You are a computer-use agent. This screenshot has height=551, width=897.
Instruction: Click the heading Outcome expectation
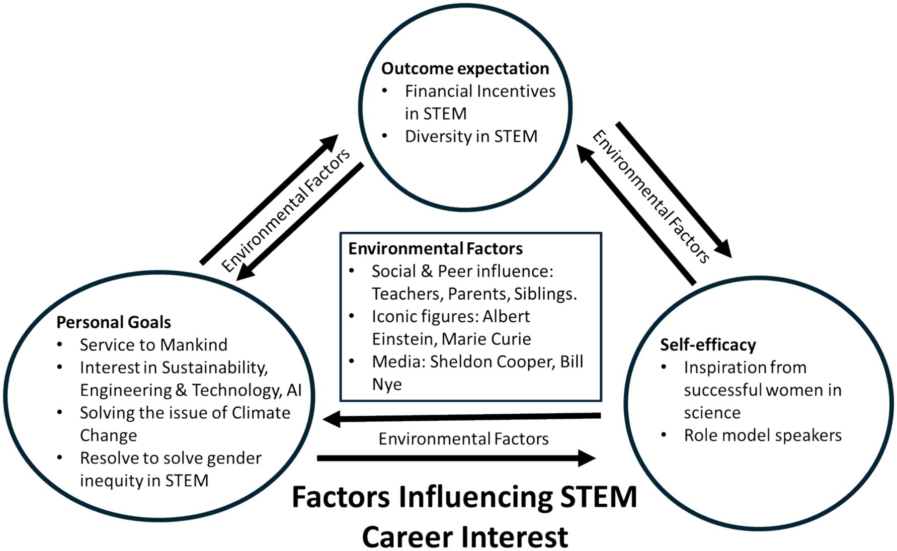(x=465, y=68)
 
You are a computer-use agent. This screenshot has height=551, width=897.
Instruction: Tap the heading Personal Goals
(x=114, y=322)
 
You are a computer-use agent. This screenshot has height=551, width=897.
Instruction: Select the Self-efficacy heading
(x=708, y=345)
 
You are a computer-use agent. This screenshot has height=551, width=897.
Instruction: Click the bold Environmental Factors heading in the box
(x=435, y=249)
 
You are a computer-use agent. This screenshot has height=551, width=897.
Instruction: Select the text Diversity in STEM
(x=471, y=136)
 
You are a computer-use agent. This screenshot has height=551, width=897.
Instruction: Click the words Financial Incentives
(x=480, y=91)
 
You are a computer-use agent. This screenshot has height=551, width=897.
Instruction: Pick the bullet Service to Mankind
(x=153, y=345)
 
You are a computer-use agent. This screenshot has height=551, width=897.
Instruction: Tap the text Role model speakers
(x=762, y=435)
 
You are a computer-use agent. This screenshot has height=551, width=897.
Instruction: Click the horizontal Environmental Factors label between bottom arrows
(x=463, y=439)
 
